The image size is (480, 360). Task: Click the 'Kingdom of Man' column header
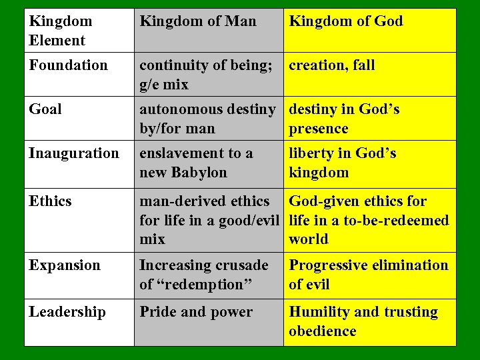[x=197, y=21]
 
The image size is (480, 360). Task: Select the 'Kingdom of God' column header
[x=345, y=21]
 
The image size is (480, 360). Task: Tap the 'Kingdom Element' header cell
[x=60, y=31]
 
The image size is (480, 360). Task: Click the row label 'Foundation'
[x=68, y=65]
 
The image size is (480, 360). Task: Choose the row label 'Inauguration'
[x=74, y=153]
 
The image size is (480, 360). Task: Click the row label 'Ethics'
[x=50, y=201]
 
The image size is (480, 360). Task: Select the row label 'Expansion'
[x=65, y=265]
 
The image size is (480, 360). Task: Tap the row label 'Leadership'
[x=67, y=312]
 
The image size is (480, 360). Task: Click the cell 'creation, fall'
[x=331, y=65]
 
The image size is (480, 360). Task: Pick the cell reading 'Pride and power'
[x=196, y=312]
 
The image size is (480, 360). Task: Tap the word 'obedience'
[x=322, y=331]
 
